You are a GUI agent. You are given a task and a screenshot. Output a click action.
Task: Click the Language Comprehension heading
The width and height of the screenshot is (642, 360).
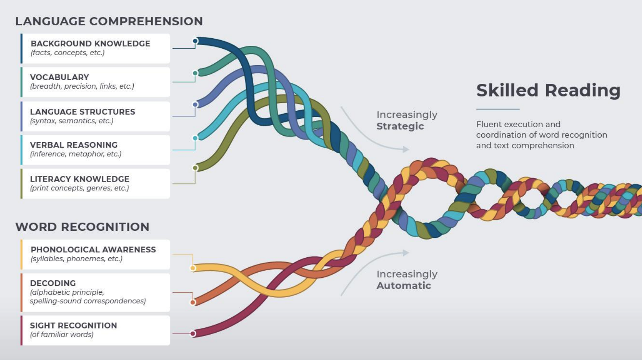click(109, 21)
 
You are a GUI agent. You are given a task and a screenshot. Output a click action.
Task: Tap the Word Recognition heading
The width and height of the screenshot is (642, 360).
click(82, 227)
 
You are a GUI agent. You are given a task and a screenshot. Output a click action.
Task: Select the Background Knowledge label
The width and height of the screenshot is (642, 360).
click(90, 43)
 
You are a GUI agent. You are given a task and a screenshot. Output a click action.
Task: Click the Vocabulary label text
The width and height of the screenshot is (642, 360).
click(59, 77)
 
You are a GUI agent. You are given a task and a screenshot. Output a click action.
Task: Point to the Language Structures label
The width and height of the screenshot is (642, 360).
click(82, 112)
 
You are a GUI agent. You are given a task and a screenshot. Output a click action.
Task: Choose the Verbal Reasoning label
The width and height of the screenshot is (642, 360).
click(74, 145)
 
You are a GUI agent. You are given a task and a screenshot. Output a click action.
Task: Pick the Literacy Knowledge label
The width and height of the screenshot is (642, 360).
click(79, 179)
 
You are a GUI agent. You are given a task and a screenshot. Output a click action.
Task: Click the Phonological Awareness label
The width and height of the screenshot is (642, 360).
click(93, 249)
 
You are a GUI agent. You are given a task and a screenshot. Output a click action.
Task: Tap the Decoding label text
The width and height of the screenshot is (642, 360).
click(53, 283)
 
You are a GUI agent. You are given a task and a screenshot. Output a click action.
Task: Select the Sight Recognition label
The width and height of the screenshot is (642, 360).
click(73, 325)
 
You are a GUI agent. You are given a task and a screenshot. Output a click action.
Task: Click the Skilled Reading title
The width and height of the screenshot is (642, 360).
click(548, 91)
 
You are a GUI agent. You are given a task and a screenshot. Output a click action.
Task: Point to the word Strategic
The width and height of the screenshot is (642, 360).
click(400, 126)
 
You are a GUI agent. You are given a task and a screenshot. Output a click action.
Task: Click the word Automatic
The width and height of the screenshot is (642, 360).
click(404, 286)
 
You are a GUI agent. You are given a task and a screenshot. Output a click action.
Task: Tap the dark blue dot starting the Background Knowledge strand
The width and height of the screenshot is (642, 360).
click(195, 41)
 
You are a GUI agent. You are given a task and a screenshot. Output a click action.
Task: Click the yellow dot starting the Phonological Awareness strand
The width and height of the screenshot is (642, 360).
click(193, 268)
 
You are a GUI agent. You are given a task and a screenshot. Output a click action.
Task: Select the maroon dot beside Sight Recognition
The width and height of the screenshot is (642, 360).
click(193, 333)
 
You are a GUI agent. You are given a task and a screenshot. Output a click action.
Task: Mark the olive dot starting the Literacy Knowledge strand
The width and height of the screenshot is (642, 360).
click(195, 168)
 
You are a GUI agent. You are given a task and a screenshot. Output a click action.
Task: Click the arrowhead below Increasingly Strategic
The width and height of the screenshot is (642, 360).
click(406, 149)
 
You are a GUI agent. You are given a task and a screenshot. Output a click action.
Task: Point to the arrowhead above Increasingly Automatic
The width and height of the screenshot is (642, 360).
click(406, 253)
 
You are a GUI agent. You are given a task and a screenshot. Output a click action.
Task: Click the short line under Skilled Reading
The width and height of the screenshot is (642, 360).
click(498, 109)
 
